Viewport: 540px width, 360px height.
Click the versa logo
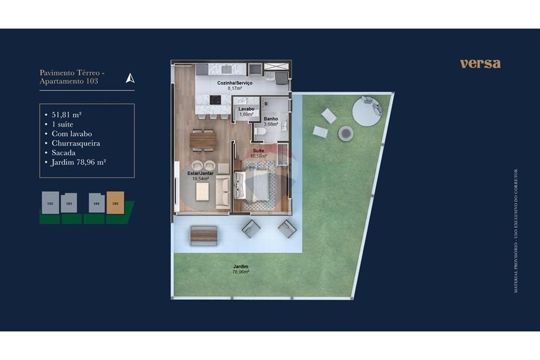[480, 63]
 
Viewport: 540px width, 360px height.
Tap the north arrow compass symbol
[130, 78]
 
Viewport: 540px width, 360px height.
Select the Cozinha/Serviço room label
[234, 85]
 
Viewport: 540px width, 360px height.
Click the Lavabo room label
[246, 111]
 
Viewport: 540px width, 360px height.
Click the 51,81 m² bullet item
[67, 114]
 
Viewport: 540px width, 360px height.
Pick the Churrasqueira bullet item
[76, 143]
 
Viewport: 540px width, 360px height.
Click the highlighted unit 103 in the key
[115, 203]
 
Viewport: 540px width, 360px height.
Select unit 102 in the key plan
[50, 203]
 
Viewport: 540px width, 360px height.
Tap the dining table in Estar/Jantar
[203, 140]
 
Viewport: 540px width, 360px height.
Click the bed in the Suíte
[256, 186]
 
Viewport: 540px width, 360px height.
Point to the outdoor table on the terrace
[204, 235]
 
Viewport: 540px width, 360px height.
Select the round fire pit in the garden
[346, 133]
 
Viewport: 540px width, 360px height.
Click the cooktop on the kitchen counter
[215, 99]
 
